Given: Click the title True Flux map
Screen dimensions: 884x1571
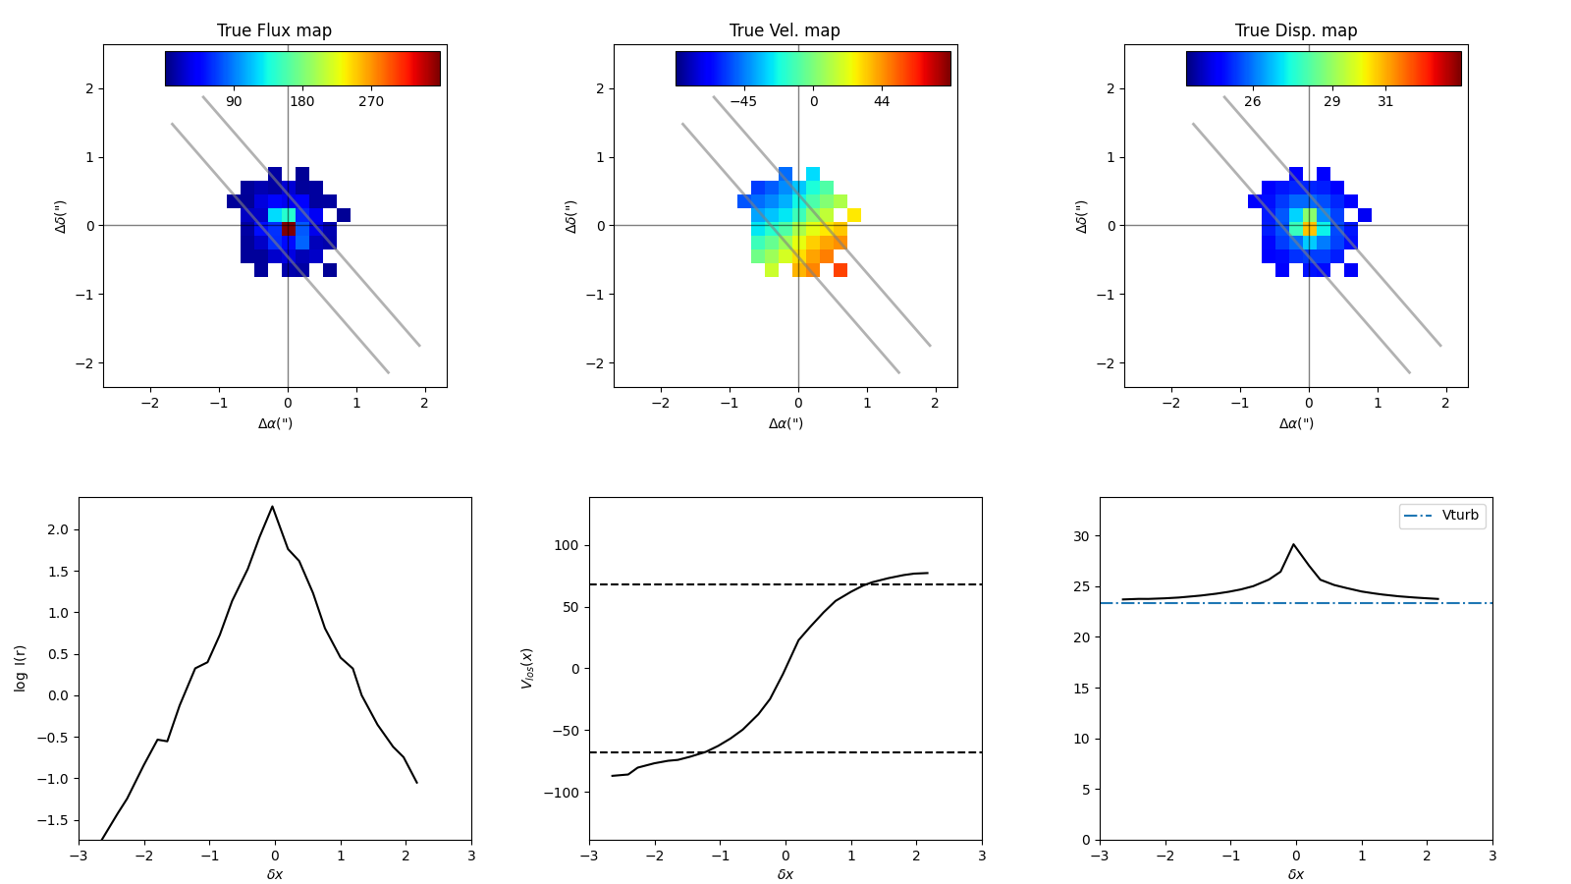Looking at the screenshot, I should pyautogui.click(x=274, y=30).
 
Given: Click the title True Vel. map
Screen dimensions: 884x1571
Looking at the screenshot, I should pyautogui.click(x=785, y=30).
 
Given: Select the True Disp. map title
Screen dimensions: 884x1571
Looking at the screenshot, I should pyautogui.click(x=1295, y=30).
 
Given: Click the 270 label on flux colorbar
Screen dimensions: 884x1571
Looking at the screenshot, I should pyautogui.click(x=370, y=102).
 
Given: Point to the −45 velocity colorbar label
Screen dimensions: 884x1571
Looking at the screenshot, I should pyautogui.click(x=742, y=102).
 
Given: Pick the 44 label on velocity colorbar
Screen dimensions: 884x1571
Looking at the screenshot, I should pyautogui.click(x=882, y=102).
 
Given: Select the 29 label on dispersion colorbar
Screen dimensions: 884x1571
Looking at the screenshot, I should pyautogui.click(x=1331, y=102).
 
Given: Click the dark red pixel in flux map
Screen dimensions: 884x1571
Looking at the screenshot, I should pyautogui.click(x=289, y=229).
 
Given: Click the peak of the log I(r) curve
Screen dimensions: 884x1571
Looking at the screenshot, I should pyautogui.click(x=272, y=507).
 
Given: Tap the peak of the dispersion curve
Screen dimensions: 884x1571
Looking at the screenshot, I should pyautogui.click(x=1293, y=544).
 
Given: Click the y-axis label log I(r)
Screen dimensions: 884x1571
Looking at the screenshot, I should pyautogui.click(x=21, y=668).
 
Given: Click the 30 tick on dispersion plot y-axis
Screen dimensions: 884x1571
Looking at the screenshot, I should pyautogui.click(x=1081, y=536).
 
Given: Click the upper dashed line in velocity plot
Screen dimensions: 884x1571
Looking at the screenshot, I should pyautogui.click(x=687, y=584).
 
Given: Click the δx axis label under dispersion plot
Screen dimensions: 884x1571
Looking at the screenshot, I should pyautogui.click(x=1296, y=874).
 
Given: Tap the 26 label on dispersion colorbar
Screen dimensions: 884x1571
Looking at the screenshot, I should pyautogui.click(x=1252, y=102).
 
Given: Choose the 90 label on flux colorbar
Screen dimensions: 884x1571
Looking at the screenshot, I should pyautogui.click(x=234, y=102).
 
